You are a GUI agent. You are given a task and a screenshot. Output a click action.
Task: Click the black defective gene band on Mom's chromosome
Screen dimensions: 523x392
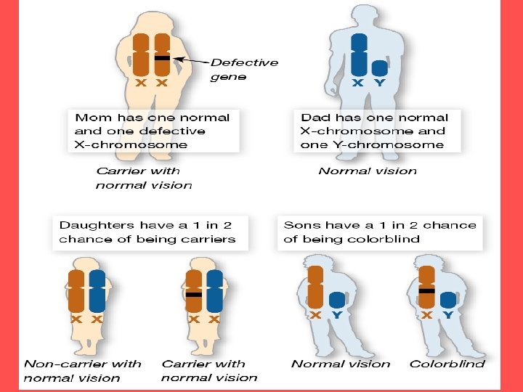click(163, 57)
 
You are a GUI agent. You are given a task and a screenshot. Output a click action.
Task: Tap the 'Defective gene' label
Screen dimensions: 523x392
click(244, 69)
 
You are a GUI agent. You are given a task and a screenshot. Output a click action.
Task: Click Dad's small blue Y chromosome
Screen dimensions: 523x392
click(379, 68)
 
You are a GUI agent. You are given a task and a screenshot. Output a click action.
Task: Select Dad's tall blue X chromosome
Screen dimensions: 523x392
click(358, 54)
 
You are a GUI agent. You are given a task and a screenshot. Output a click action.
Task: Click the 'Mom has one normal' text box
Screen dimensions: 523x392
click(153, 131)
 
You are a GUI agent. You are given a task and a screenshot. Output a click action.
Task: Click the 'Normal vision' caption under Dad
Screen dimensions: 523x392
click(368, 171)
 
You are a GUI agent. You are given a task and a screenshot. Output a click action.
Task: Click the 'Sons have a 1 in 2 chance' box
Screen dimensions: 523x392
click(380, 232)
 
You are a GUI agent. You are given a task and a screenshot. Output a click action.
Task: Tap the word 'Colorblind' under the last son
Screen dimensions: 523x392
click(447, 364)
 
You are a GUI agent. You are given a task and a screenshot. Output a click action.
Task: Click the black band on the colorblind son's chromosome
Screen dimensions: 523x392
click(427, 290)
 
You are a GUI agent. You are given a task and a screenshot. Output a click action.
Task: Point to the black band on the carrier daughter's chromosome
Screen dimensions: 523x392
click(193, 295)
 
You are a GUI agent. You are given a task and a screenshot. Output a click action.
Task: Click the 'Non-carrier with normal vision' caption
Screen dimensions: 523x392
click(82, 370)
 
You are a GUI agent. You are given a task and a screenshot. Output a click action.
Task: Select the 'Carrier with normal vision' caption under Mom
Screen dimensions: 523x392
click(143, 178)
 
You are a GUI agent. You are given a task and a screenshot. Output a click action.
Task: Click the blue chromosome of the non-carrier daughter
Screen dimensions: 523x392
click(97, 290)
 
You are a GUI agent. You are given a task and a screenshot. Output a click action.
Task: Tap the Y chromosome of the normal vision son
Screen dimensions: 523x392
click(336, 299)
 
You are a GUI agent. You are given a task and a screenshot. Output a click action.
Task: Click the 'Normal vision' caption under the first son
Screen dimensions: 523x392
click(340, 364)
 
